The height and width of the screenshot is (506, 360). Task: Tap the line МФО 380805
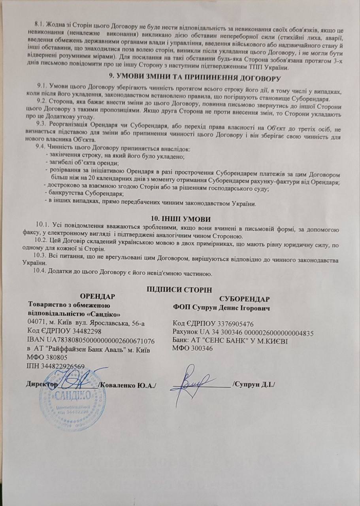(45, 357)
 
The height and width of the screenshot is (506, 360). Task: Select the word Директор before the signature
(40, 384)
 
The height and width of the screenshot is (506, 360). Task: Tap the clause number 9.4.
(41, 149)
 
